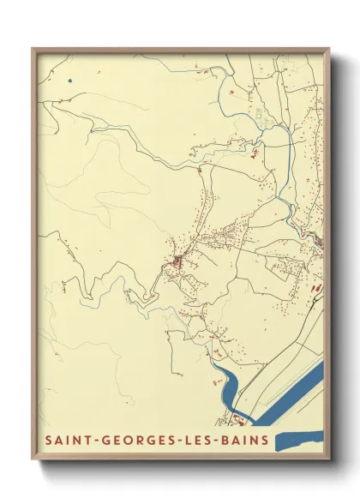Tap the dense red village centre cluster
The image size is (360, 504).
pos(177,260)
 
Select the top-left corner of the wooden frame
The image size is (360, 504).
pos(33,49)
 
